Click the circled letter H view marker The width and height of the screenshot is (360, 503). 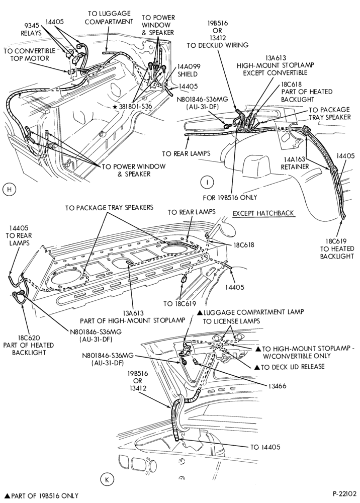tap(9, 189)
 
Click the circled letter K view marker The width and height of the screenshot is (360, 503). tap(108, 479)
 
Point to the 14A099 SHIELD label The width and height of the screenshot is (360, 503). tap(189, 70)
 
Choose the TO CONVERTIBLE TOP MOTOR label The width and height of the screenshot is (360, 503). tap(30, 54)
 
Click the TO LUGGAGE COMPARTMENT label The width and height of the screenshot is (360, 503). tap(109, 18)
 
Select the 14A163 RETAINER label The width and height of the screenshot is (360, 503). tap(295, 163)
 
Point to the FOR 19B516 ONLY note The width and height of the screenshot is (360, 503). tap(230, 197)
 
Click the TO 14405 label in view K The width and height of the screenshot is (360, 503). tap(265, 447)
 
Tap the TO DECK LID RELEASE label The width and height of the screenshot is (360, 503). tap(289, 367)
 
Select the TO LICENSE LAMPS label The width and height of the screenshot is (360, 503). tap(231, 321)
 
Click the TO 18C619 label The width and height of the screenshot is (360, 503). tap(179, 304)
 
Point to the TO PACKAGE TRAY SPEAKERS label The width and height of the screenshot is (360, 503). tap(109, 207)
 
